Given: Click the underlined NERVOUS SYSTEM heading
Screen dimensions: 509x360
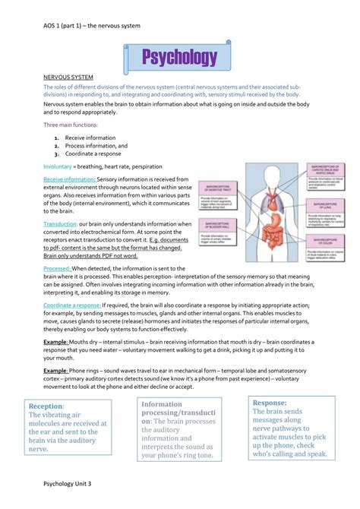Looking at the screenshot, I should [69, 77].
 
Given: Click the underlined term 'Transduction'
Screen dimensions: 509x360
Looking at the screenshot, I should [61, 224].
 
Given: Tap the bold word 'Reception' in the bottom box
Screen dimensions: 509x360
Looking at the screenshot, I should [45, 406].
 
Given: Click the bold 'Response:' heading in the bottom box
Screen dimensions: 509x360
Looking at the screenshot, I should [270, 403].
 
